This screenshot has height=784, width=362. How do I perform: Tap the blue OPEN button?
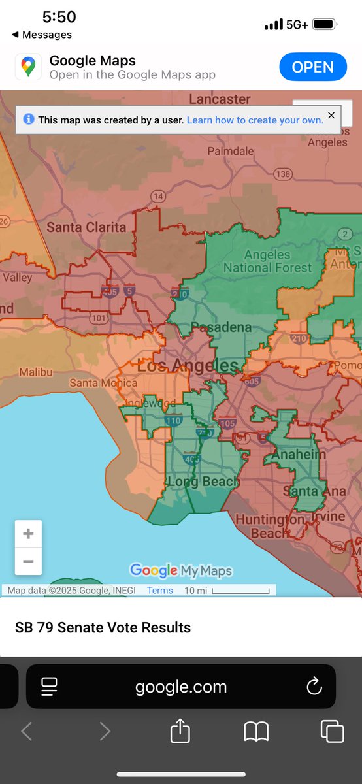click(312, 67)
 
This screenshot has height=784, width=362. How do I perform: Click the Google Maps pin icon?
click(28, 67)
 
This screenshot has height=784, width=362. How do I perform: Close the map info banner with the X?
click(331, 116)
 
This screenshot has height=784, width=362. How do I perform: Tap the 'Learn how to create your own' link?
click(255, 120)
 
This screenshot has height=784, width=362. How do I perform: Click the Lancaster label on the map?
click(220, 99)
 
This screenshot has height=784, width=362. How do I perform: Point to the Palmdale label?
click(231, 151)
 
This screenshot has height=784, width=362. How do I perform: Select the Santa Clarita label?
click(86, 227)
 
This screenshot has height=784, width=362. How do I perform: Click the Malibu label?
click(35, 372)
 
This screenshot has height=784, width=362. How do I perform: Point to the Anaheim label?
click(299, 455)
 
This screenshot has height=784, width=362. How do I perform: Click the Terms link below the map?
click(159, 591)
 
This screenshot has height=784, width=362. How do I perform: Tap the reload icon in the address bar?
click(314, 687)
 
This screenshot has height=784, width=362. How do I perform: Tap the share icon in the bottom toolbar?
click(180, 731)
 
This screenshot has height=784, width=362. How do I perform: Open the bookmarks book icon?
click(256, 732)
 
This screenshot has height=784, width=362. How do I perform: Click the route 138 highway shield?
click(283, 174)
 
